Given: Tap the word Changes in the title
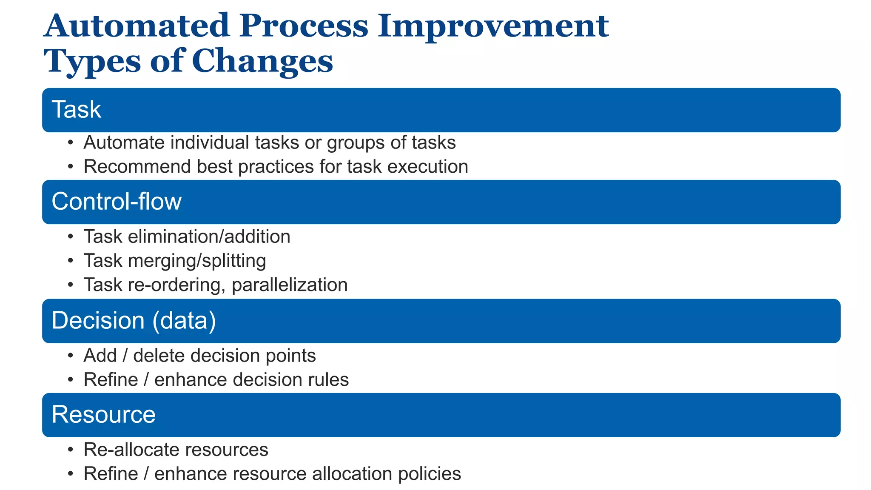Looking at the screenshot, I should (262, 62).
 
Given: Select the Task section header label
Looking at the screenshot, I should (76, 110).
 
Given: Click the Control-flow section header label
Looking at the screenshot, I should (116, 202).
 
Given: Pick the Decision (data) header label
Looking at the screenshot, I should (134, 321).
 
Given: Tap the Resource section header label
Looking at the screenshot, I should (103, 415).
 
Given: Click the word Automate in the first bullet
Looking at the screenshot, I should (124, 142).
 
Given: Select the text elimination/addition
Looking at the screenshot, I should (209, 237).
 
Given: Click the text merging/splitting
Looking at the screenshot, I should (197, 261).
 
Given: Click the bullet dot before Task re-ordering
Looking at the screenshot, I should (71, 285).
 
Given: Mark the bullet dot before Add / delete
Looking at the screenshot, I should (71, 356).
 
